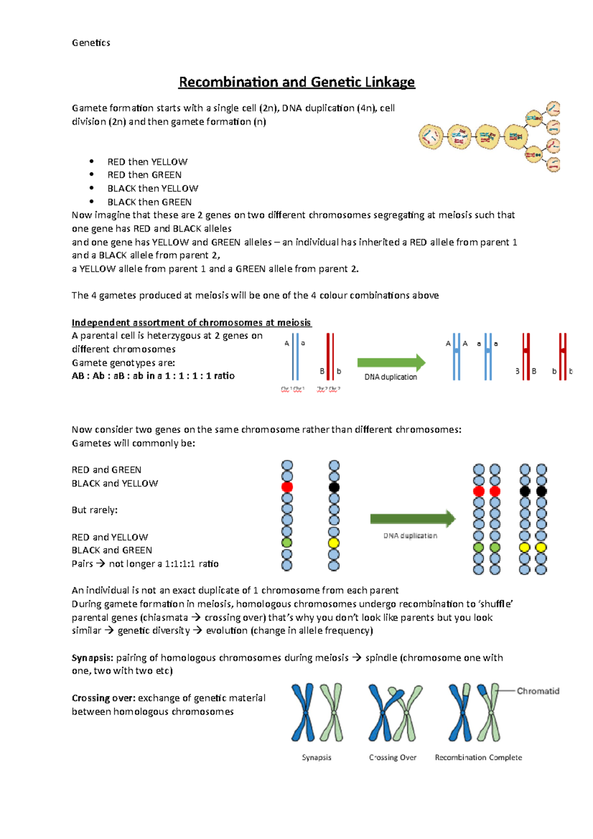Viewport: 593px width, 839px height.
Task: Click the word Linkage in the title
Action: point(390,82)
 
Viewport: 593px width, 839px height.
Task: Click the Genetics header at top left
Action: point(91,43)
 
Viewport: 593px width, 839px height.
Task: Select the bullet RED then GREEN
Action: point(144,175)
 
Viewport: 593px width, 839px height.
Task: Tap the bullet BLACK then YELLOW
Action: point(153,188)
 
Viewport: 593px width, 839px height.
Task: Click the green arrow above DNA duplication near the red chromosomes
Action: point(390,363)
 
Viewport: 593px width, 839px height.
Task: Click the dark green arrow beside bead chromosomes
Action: point(412,519)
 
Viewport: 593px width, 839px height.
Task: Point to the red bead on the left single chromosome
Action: point(287,487)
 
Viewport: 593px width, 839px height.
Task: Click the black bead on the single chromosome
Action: point(334,487)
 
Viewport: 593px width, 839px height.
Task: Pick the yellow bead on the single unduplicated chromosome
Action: point(334,543)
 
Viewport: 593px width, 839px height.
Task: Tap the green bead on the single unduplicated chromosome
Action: point(287,543)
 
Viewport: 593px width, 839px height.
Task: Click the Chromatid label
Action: point(538,691)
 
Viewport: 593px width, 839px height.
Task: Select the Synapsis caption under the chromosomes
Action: point(316,757)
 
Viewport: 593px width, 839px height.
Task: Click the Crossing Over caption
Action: point(392,757)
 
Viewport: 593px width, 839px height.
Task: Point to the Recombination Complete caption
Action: point(478,757)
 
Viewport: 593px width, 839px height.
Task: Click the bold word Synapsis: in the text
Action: point(92,658)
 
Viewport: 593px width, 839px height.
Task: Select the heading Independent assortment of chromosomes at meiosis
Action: point(191,323)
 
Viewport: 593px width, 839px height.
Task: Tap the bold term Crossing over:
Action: point(103,698)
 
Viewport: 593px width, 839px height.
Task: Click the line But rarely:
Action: point(95,510)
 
